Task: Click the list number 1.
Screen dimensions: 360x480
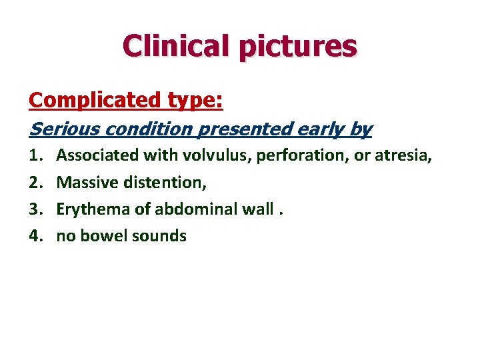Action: tap(34, 155)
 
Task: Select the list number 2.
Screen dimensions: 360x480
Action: tap(34, 182)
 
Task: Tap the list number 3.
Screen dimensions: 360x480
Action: tap(34, 209)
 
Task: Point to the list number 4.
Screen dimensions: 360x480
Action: tap(34, 235)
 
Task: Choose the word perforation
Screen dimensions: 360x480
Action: tap(295, 156)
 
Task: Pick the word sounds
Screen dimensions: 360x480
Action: tap(159, 235)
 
